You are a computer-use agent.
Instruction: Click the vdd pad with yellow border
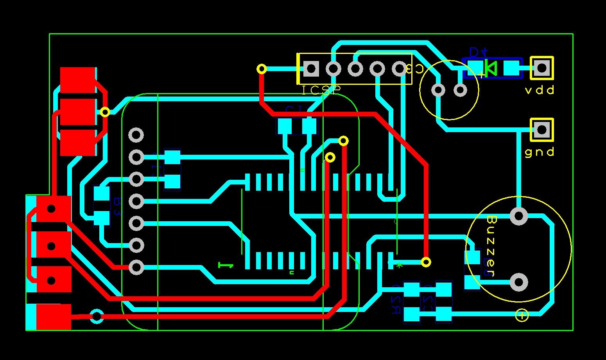pos(541,68)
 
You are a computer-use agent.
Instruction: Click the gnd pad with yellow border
pos(541,129)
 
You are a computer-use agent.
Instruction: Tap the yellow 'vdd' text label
pos(540,91)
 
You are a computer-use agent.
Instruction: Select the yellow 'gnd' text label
pos(540,152)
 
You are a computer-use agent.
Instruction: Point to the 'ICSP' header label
pos(321,91)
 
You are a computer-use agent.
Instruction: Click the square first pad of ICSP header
pos(311,69)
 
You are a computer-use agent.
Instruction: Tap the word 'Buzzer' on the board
pos(491,246)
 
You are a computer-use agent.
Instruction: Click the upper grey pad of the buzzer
pos(519,216)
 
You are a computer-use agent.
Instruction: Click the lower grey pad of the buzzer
pos(519,282)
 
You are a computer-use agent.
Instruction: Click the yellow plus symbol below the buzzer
pos(522,315)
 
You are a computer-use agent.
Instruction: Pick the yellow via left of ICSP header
pos(262,69)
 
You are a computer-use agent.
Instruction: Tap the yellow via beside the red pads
pos(105,112)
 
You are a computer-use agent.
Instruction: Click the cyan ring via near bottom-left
pos(97,316)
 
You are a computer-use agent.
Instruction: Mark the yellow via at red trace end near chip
pos(426,262)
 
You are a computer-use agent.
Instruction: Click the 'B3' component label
pos(117,207)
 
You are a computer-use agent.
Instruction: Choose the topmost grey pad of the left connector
pos(136,135)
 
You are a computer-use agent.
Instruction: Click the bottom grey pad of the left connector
pos(136,268)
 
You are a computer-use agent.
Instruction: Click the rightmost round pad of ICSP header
pos(399,69)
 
